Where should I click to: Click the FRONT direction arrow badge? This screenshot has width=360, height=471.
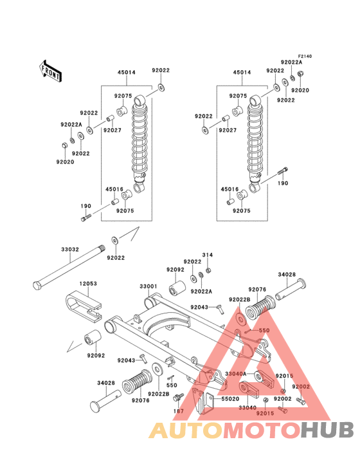[x=51, y=70]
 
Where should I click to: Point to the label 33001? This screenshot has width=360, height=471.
[x=148, y=286]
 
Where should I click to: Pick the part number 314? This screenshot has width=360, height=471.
[x=208, y=255]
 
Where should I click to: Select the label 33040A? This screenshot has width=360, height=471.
[x=236, y=374]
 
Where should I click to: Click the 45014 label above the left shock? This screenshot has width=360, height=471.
[x=126, y=73]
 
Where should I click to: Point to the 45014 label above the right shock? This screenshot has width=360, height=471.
[x=242, y=73]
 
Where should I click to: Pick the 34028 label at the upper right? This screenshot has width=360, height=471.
[x=287, y=275]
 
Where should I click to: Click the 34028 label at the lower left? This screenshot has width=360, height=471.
[x=106, y=383]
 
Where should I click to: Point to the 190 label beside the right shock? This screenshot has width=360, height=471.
[x=283, y=183]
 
